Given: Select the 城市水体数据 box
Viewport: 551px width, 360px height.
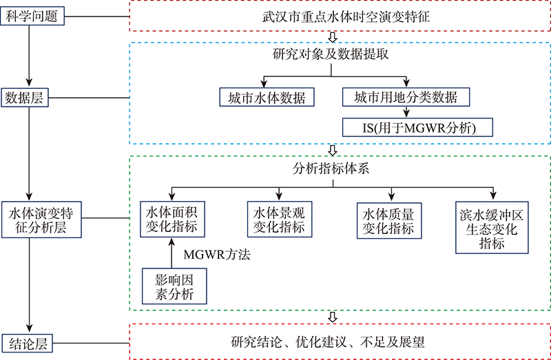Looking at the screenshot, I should pos(265,97).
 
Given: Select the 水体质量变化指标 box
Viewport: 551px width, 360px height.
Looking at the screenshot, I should pos(389,218).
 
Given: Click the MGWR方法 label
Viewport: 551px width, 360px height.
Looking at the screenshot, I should pos(216,255).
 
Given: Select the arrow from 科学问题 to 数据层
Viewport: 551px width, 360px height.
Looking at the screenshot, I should pos(29,55).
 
